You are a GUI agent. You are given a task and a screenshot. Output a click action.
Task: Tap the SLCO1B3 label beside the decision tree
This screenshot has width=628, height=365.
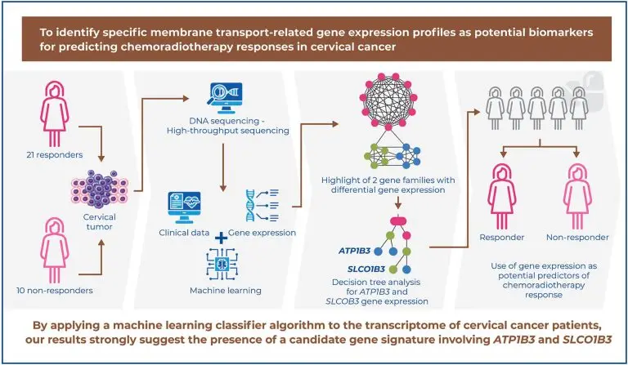(353, 268)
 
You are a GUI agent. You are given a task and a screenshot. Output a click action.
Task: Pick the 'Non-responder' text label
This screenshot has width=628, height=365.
(576, 238)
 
